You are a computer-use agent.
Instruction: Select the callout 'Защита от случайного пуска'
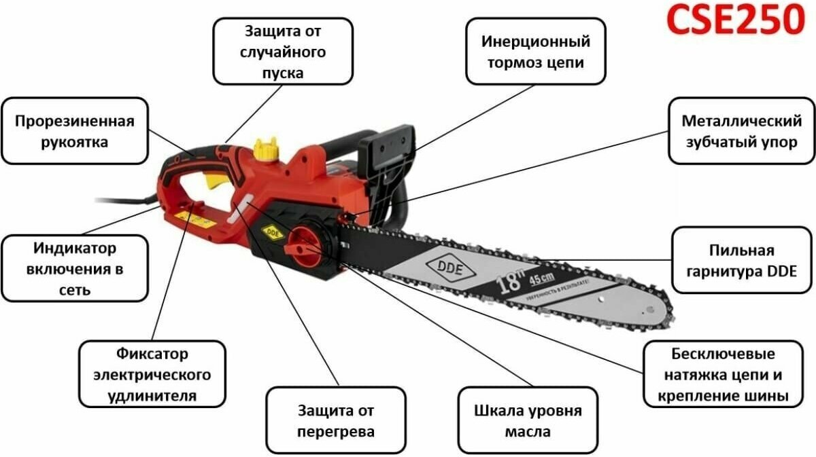coord(283,51)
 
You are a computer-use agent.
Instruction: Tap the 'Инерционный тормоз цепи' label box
coord(535,51)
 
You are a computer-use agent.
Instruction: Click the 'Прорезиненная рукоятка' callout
coord(74,131)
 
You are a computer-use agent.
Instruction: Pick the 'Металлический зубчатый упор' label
coord(741,131)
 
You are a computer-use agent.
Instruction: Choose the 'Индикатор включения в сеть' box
coord(74,268)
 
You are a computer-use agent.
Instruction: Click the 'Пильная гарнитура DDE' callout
coord(741,260)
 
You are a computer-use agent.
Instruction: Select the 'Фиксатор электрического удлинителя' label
coord(152,374)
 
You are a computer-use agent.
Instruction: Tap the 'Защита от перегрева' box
coord(335,420)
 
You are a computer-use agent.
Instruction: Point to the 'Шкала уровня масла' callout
coord(528,420)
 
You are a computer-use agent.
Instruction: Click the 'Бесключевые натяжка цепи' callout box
coord(722,374)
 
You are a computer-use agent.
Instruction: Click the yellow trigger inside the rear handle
coord(216,181)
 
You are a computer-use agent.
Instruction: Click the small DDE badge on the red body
coord(272,230)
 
